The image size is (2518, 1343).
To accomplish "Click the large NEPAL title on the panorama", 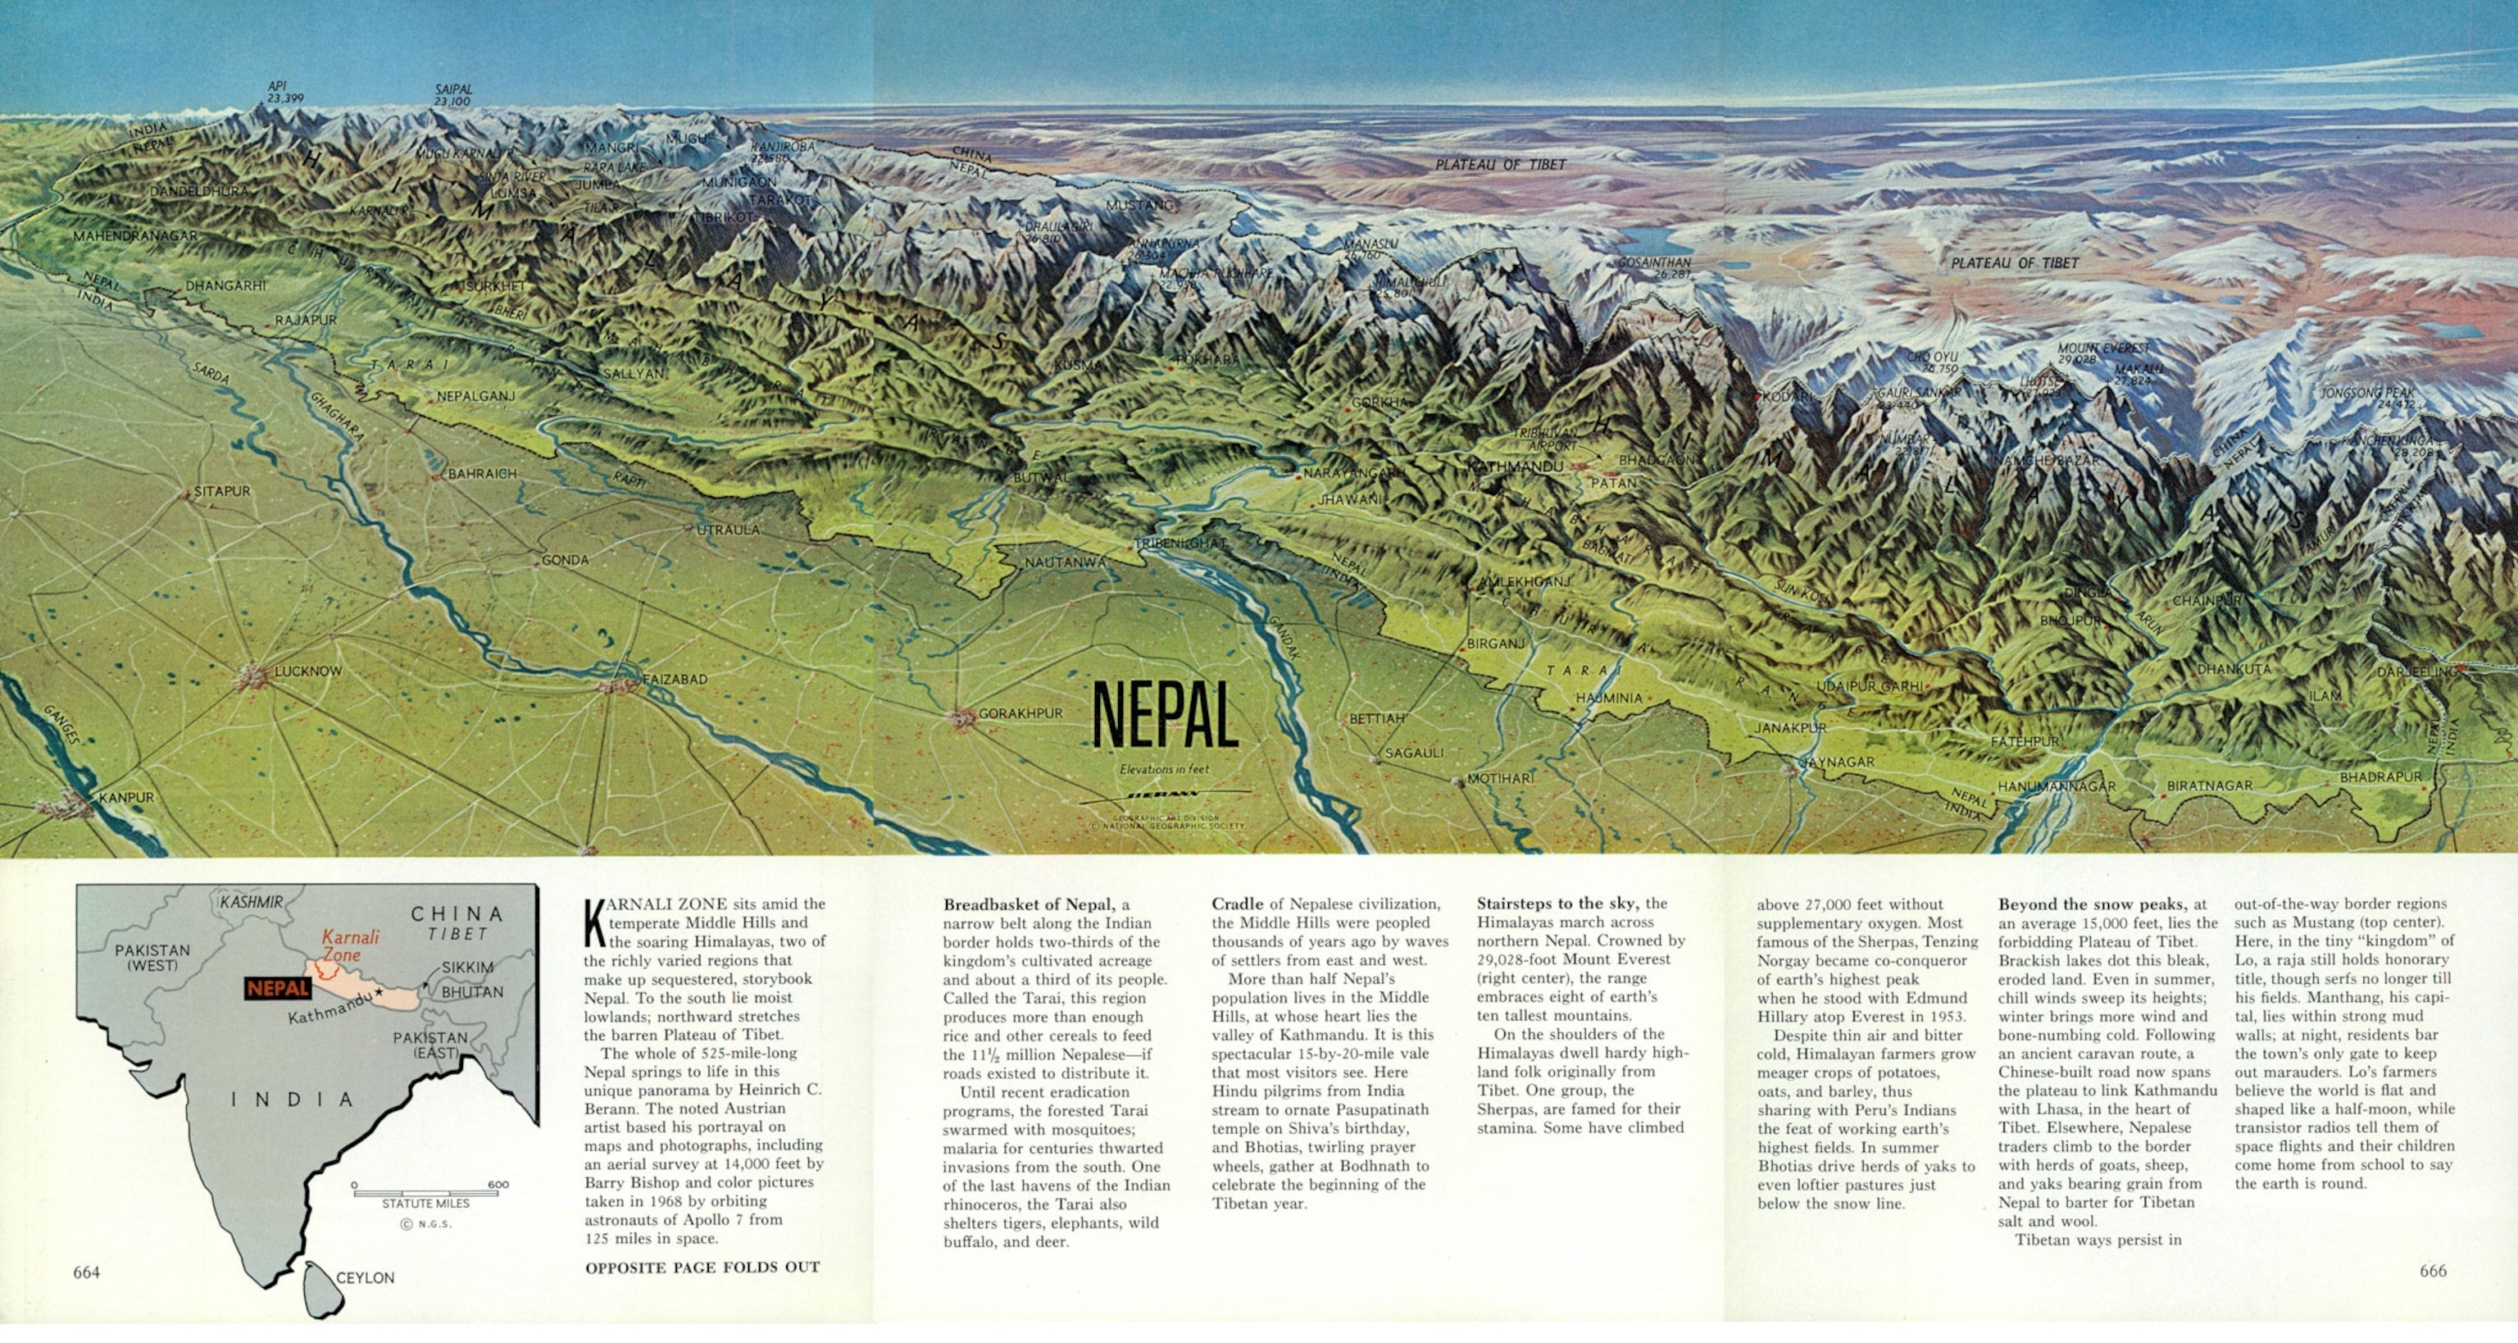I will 1164,714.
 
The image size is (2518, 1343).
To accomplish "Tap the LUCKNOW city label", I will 308,671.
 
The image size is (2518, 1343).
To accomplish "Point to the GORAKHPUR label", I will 1020,713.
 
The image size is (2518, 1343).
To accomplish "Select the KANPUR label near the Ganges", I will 126,798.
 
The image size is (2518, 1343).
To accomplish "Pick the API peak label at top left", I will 278,86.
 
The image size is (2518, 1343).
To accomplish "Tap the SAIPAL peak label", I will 452,89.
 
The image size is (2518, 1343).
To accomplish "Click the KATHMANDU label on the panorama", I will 1515,467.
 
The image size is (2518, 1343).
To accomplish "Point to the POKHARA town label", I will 1207,360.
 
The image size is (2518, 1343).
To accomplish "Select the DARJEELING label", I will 2416,672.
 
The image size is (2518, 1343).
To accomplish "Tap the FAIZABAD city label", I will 675,678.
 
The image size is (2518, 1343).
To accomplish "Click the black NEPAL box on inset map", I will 278,988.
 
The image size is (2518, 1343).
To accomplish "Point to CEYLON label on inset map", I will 365,1277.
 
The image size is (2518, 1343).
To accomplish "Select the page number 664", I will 86,1272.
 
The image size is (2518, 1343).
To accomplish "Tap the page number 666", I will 2433,1271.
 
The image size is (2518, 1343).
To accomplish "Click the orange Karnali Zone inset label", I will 350,945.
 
